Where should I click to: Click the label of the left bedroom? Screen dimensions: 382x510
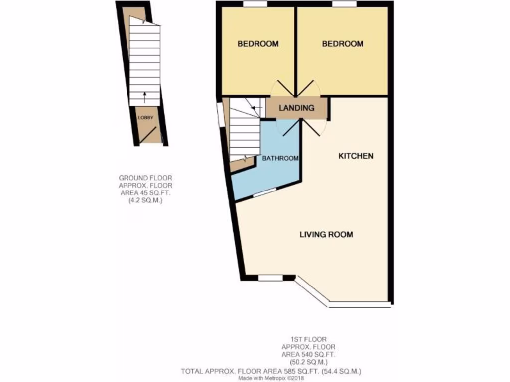click(257, 44)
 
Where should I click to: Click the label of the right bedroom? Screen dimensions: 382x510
click(342, 44)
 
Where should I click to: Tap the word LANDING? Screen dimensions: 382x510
click(296, 108)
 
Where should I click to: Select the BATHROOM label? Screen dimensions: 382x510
click(280, 159)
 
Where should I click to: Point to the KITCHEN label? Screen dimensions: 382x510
click(356, 156)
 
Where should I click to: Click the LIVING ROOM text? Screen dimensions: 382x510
click(326, 234)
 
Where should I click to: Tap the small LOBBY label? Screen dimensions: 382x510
click(146, 118)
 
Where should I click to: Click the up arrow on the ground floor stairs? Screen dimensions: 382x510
click(145, 96)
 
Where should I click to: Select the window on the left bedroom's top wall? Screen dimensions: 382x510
click(255, 4)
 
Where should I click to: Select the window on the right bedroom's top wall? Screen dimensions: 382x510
click(344, 4)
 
